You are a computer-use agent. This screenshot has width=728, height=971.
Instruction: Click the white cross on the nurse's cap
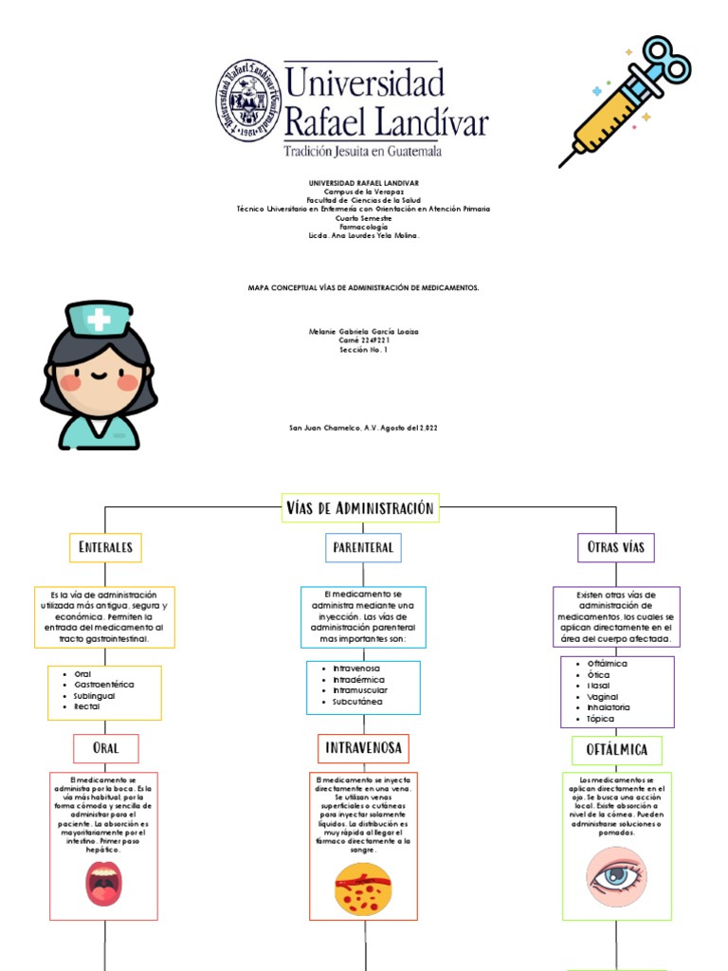coord(99,320)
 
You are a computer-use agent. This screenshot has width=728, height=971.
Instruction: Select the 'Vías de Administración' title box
coord(359,508)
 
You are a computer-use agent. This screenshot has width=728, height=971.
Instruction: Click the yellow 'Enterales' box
coord(105,547)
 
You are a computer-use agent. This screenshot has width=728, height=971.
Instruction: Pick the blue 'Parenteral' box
coord(363,547)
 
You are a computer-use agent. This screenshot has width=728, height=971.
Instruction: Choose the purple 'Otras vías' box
coord(616,547)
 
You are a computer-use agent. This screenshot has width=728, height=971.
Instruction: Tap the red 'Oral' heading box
coord(106,748)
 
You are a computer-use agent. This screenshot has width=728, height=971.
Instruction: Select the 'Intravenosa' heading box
coord(363,748)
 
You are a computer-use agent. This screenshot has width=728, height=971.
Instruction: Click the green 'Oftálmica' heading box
coord(617,750)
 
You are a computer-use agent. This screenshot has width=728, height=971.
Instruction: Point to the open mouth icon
coord(104,883)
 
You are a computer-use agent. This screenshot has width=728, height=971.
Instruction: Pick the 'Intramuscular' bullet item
coord(360,690)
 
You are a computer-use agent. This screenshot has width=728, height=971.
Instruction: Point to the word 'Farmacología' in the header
coord(363,227)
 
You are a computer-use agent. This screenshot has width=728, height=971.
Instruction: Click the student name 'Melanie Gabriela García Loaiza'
coord(363,331)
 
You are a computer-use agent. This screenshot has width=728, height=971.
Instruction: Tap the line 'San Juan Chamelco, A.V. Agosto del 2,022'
coord(363,428)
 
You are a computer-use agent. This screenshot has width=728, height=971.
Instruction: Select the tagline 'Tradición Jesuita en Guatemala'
coord(363,150)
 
